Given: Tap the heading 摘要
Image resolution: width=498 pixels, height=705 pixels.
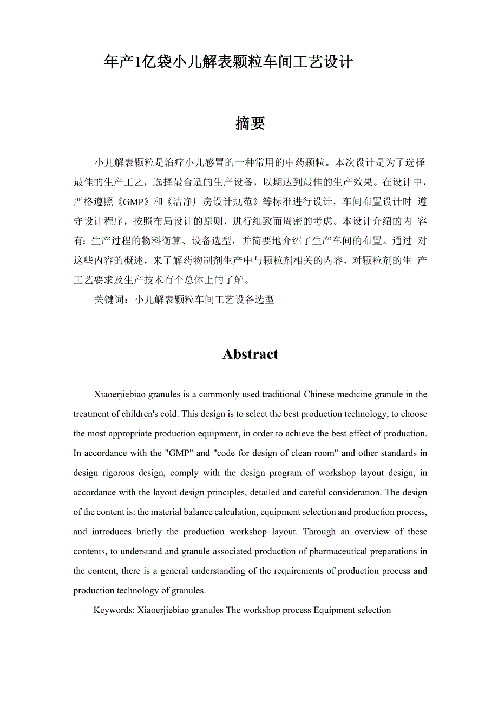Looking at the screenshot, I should (250, 124).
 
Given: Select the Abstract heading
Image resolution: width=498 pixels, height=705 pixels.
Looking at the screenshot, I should (250, 354).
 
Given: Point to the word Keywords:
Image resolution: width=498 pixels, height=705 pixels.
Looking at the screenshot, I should (114, 610).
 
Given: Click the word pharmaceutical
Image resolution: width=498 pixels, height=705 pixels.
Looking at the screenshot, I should (339, 551).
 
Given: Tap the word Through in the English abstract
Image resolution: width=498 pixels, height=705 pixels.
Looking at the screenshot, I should (319, 532).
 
